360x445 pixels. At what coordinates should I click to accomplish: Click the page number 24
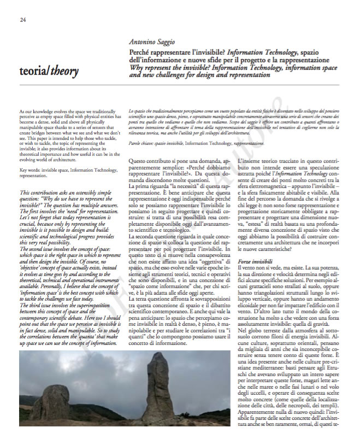point(23,21)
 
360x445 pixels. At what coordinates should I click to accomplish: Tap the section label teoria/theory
point(48,71)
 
